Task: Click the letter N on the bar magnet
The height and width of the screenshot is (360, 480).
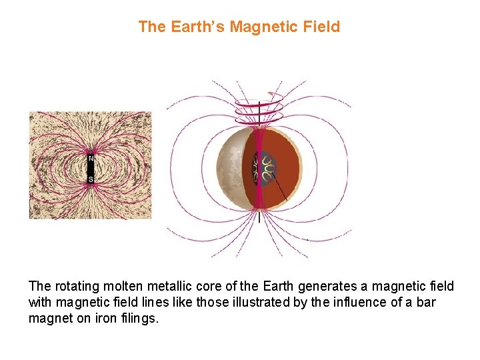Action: tap(91, 159)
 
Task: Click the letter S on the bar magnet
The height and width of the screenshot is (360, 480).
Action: tap(91, 179)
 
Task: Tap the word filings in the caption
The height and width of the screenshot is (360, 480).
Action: tap(139, 319)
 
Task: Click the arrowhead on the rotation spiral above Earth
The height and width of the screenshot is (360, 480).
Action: tap(271, 94)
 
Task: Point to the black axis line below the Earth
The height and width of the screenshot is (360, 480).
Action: tap(259, 217)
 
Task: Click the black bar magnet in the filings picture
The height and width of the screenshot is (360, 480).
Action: tap(91, 169)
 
